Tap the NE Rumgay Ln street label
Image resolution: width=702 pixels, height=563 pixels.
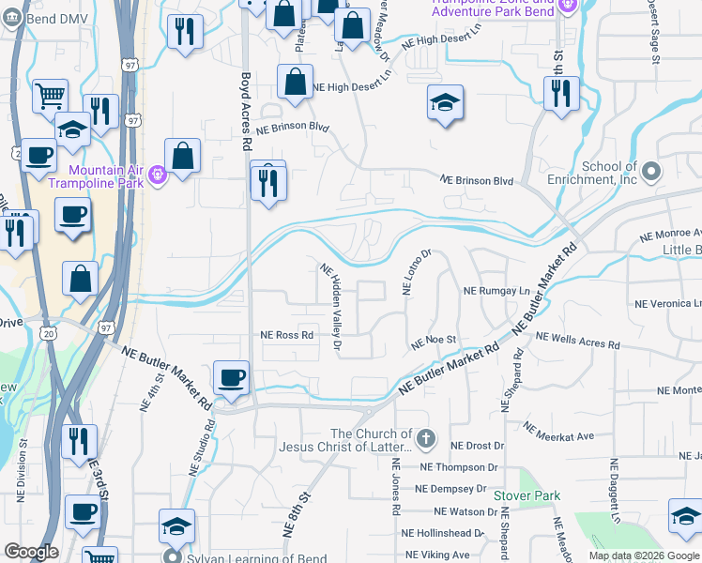pyautogui.click(x=496, y=291)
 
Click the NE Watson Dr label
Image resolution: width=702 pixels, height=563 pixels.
pyautogui.click(x=465, y=512)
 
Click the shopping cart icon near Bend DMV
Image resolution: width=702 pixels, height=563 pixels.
pyautogui.click(x=50, y=95)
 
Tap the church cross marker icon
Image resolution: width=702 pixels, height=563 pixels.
pyautogui.click(x=426, y=438)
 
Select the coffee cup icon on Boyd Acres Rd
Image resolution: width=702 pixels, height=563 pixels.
pyautogui.click(x=231, y=378)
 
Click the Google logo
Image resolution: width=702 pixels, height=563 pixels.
pyautogui.click(x=31, y=552)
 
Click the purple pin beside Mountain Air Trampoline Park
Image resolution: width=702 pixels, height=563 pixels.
pyautogui.click(x=157, y=172)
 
